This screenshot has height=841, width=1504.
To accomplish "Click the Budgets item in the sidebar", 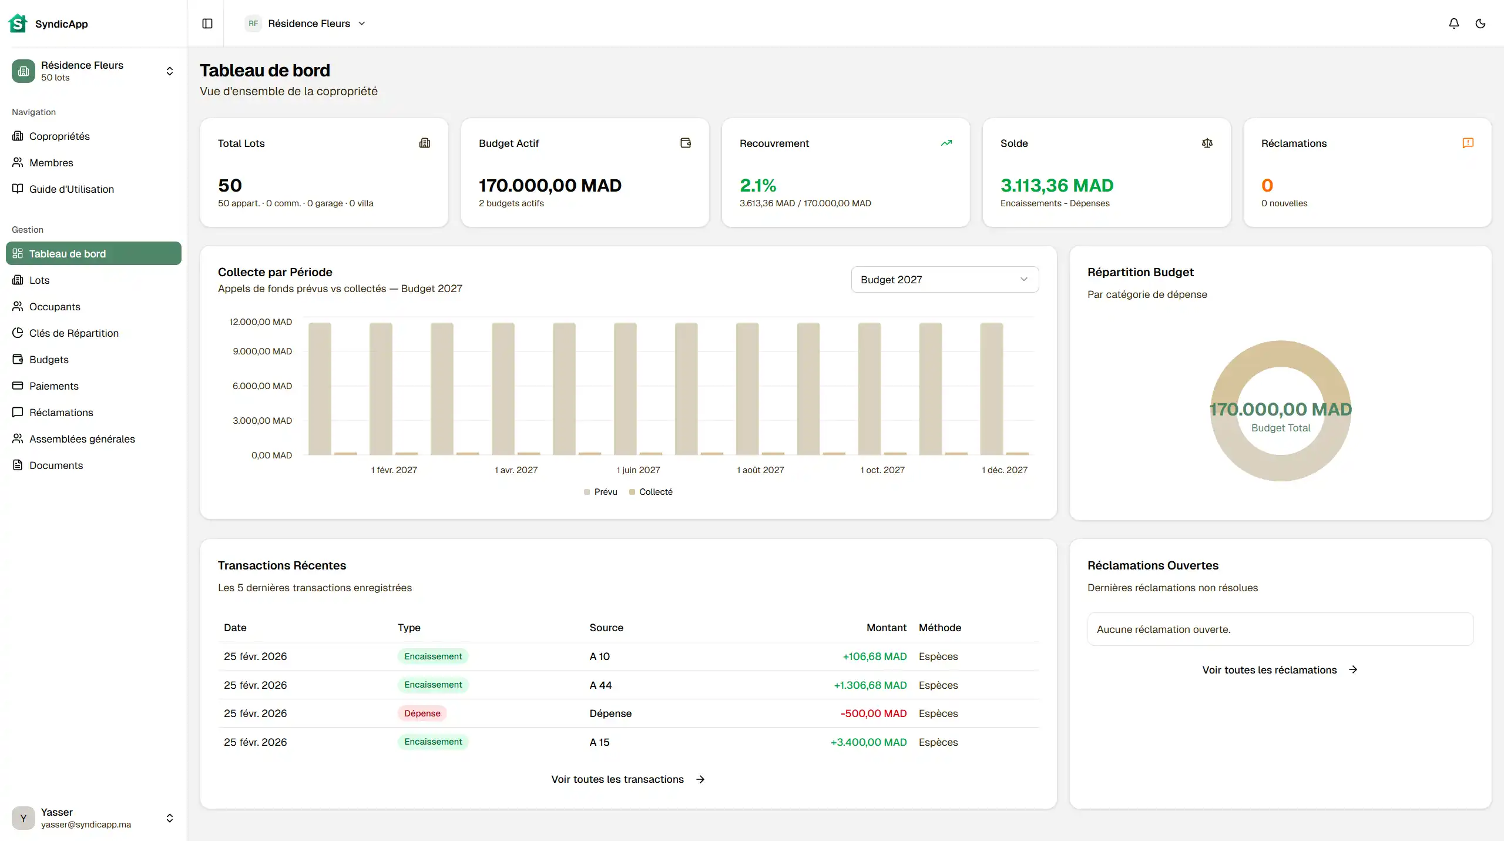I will coord(49,360).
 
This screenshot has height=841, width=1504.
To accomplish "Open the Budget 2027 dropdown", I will coord(944,280).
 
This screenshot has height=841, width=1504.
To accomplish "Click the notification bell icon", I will coord(1453,24).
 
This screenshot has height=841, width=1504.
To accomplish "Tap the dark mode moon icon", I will coord(1480,24).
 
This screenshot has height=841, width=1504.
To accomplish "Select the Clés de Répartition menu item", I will coord(73,333).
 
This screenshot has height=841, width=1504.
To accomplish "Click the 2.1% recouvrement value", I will coord(758,186).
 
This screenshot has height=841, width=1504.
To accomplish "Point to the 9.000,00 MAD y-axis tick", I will coord(262,351).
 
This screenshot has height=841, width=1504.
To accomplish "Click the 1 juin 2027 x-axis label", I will coord(638,470).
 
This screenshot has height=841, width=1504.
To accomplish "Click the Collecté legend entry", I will coord(655,492).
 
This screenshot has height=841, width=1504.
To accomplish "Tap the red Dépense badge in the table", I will coord(422,713).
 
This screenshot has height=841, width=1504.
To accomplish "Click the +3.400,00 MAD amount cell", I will coord(868,742).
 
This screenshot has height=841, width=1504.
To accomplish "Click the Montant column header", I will coord(886,628).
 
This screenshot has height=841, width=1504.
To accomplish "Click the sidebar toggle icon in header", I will coord(207,24).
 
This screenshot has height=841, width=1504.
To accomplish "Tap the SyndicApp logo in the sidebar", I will coord(18,24).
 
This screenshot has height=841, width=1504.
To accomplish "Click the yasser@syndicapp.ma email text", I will coord(86,825).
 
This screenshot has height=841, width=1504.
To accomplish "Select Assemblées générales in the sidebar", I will coord(82,439).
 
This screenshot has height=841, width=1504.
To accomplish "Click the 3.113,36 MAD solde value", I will coord(1056,186).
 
